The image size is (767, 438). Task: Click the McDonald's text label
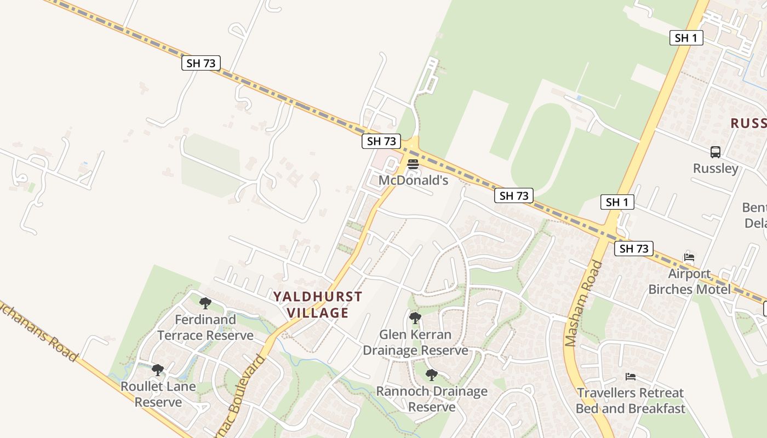(x=414, y=180)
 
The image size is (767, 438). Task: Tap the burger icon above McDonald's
(x=413, y=164)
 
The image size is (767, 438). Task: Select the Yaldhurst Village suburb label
(x=318, y=304)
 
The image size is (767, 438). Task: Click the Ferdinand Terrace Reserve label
(x=205, y=327)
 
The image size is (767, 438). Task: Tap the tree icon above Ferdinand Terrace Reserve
(x=205, y=303)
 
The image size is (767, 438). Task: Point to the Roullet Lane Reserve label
(x=158, y=394)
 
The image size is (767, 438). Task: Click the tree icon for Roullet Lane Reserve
(x=158, y=370)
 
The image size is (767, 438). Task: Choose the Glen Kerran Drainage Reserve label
(x=415, y=342)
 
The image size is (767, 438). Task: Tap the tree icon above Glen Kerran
(x=415, y=318)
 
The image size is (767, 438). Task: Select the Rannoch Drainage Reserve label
(x=432, y=399)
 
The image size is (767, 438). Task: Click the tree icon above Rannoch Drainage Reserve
(x=432, y=375)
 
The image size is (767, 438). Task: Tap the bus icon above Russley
(x=716, y=152)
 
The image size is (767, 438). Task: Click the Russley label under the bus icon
(x=716, y=168)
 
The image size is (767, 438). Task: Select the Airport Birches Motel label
(x=689, y=281)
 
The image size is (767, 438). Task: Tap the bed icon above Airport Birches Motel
(x=689, y=257)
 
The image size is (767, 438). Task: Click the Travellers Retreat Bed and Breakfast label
(x=630, y=401)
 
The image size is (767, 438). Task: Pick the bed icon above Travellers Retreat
(x=631, y=377)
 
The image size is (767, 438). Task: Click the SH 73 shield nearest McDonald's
(x=381, y=141)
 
